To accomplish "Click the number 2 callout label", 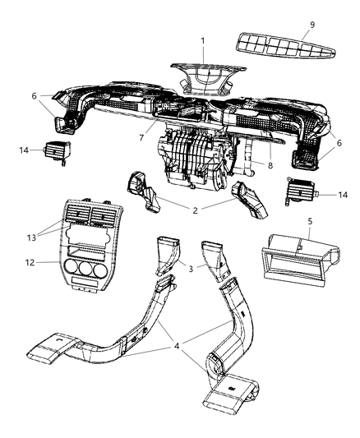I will point(195,210).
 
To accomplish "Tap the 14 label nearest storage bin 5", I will point(342,195).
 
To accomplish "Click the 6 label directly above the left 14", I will point(34,95).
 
